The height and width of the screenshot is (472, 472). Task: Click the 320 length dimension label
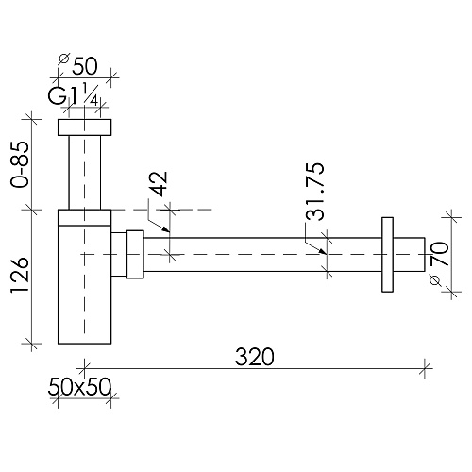(x=255, y=357)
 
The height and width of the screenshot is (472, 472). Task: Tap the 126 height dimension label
(x=20, y=276)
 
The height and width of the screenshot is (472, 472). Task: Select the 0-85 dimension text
(x=20, y=164)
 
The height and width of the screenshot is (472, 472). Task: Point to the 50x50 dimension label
(x=79, y=387)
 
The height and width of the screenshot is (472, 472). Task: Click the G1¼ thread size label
(x=73, y=94)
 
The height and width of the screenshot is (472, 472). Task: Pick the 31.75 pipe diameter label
(x=314, y=191)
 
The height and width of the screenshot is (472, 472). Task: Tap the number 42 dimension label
(x=158, y=184)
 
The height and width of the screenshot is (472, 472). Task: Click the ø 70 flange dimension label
(x=439, y=262)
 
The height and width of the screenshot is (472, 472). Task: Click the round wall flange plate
(x=387, y=255)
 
